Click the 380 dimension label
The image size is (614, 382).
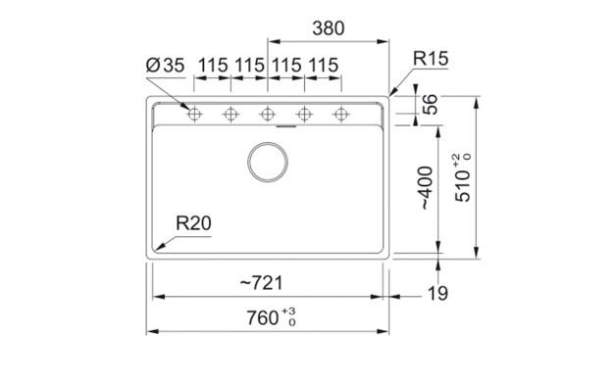pos(329,28)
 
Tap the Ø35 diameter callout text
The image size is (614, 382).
pos(165,66)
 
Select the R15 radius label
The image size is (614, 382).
pos(431,59)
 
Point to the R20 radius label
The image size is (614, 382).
pos(193,223)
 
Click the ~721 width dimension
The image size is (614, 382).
pos(261,283)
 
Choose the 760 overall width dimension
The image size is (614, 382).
pos(262,318)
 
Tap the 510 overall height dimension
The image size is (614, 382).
pos(463,186)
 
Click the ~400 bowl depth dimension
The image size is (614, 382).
pos(426,188)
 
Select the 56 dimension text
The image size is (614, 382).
pos(430,105)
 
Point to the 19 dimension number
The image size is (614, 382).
pos(437,294)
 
